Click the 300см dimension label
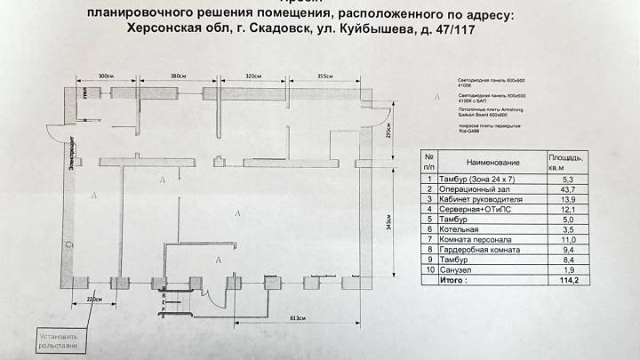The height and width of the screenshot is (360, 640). tap(106, 76)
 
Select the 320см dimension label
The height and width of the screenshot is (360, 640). tap(256, 76)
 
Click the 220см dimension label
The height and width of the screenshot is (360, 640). tap(93, 300)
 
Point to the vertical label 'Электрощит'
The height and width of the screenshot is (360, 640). tap(68, 159)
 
